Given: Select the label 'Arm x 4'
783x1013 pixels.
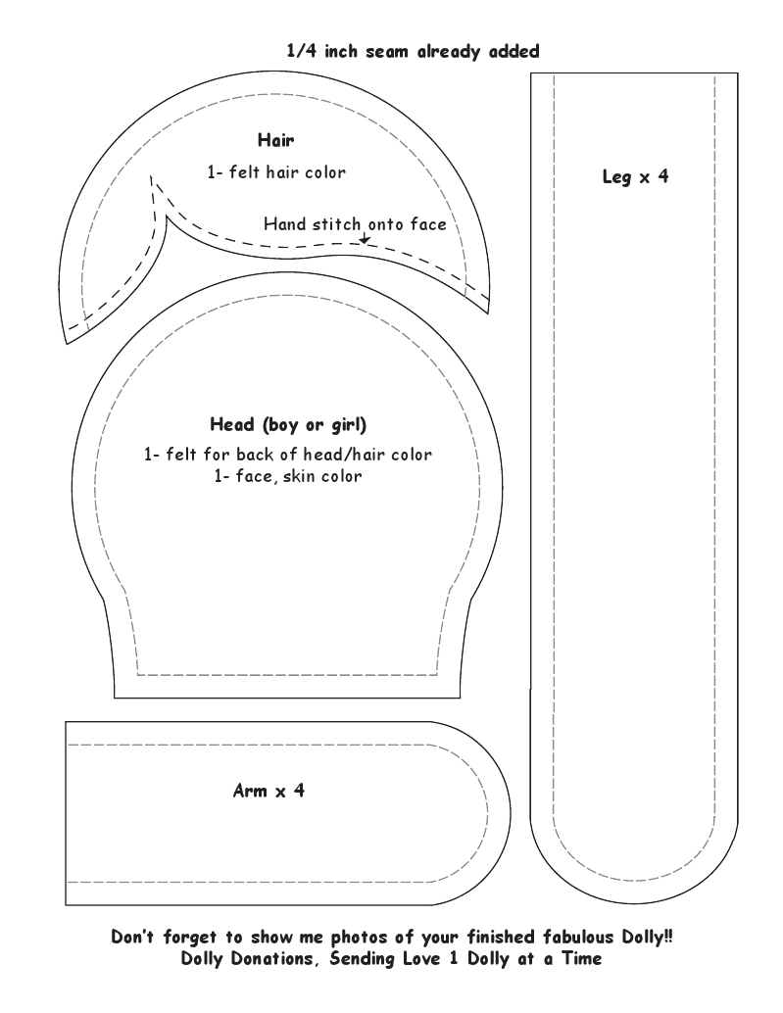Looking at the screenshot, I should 268,790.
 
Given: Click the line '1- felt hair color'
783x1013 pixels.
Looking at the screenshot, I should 276,171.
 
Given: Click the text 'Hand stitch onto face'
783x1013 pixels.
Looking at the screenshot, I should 355,223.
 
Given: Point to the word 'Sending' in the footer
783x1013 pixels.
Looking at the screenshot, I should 358,960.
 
